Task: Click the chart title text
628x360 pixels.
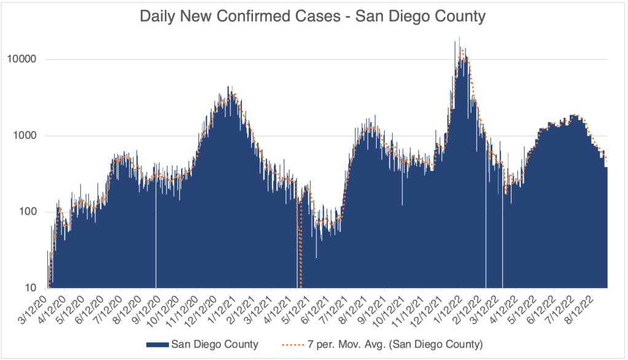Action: pyautogui.click(x=314, y=17)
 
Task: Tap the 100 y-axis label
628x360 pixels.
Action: pyautogui.click(x=27, y=212)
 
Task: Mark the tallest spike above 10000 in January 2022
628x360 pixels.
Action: pyautogui.click(x=459, y=38)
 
